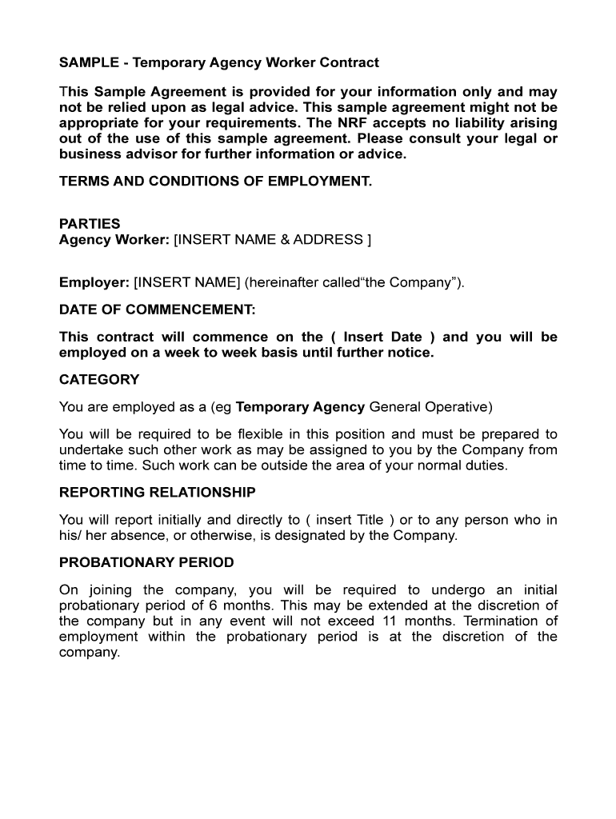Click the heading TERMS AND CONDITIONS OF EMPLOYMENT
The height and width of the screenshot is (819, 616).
[215, 182]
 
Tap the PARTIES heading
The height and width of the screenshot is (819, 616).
[90, 224]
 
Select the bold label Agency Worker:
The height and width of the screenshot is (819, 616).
[114, 239]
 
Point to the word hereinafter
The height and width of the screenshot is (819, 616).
[281, 282]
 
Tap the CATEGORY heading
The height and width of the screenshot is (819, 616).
[99, 380]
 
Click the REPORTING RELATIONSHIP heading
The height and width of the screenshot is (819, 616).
[158, 492]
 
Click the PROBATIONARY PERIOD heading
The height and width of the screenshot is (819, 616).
[146, 562]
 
